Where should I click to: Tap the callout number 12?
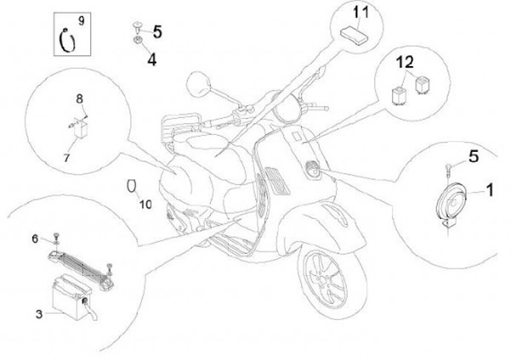(405, 63)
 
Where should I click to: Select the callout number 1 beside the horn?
(489, 190)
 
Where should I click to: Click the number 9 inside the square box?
(81, 21)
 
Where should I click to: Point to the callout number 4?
(151, 60)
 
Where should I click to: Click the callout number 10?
(145, 204)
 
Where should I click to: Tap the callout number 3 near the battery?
(38, 312)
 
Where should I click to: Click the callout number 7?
(67, 158)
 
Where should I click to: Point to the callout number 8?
(79, 98)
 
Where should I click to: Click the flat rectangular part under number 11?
(353, 33)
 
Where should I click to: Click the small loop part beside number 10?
(131, 186)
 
